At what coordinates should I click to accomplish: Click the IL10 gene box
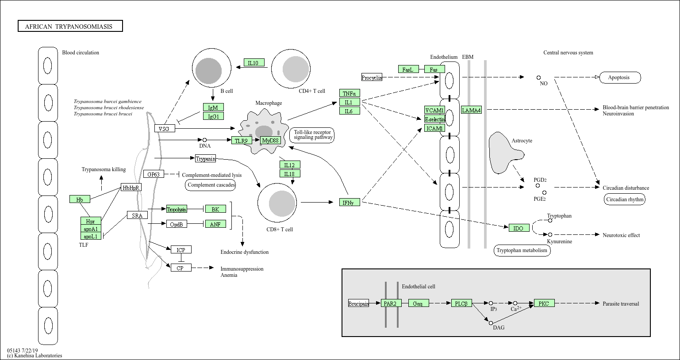click(x=254, y=63)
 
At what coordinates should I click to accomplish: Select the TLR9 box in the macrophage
click(x=242, y=141)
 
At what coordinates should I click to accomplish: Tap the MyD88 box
click(x=270, y=141)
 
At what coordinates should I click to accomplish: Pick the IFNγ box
click(x=350, y=203)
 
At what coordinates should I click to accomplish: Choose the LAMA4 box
click(x=471, y=110)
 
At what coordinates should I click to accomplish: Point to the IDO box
click(x=519, y=228)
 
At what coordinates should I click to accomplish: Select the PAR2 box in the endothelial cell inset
click(x=391, y=303)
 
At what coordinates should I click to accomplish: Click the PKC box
click(x=544, y=303)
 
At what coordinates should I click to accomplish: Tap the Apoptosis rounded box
click(x=620, y=77)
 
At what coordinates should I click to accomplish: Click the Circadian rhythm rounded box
click(x=624, y=199)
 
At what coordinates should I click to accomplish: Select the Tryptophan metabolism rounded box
click(x=522, y=250)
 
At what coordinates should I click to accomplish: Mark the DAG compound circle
click(x=491, y=323)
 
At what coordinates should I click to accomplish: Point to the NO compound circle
click(x=538, y=78)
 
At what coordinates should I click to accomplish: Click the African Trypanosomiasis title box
click(x=70, y=26)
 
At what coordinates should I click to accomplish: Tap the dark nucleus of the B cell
click(x=208, y=70)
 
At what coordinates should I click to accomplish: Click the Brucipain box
click(x=358, y=303)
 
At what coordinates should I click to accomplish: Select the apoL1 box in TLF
click(x=91, y=236)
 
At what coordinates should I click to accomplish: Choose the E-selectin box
click(x=435, y=119)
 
